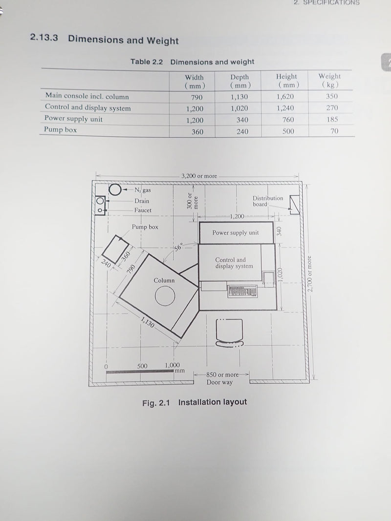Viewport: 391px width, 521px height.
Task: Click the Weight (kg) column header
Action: [x=329, y=81]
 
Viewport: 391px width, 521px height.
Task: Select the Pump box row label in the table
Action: [x=60, y=129]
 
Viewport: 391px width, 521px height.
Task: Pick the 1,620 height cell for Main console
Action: [x=285, y=97]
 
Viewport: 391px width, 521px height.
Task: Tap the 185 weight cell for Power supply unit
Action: [x=332, y=119]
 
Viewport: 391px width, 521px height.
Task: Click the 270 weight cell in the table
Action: [x=332, y=107]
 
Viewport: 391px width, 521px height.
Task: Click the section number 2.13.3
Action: [x=44, y=37]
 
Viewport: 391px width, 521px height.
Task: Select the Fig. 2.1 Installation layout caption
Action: [x=195, y=402]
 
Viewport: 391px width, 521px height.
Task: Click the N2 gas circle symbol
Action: [x=115, y=189]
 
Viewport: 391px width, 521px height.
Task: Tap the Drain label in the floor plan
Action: [x=142, y=201]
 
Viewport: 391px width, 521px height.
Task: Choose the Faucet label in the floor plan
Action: [x=143, y=210]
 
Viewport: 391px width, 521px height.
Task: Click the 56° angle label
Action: [x=178, y=247]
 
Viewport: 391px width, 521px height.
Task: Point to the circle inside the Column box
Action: [x=165, y=295]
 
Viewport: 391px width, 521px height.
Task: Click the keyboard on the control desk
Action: [x=243, y=292]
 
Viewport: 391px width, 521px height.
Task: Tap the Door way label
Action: [x=219, y=382]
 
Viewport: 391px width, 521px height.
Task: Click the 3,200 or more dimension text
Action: [x=199, y=176]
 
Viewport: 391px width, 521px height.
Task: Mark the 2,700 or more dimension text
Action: [x=309, y=273]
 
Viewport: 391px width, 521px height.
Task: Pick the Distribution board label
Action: [x=268, y=201]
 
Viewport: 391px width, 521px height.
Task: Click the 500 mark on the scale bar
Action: [x=142, y=366]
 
